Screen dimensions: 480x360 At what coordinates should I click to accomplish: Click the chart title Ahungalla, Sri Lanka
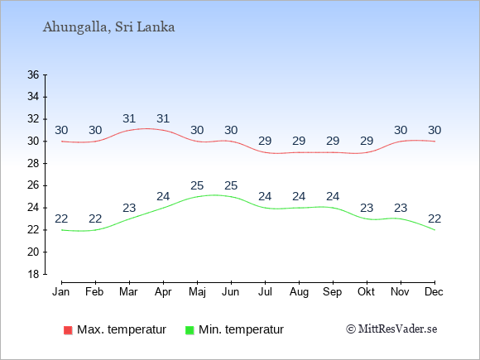tap(108, 27)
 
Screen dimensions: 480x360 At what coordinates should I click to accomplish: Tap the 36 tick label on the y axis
tap(33, 74)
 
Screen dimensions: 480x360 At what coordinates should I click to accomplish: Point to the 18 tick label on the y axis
tap(33, 274)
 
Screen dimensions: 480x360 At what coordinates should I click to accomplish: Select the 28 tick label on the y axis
tap(33, 164)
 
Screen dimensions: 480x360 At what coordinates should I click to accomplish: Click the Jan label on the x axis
tap(61, 292)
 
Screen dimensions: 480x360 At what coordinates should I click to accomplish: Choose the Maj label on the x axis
tap(197, 292)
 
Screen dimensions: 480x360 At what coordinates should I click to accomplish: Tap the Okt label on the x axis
tap(366, 292)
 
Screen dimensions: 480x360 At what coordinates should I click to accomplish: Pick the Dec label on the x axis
tap(434, 292)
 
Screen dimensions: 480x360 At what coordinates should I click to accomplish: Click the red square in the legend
tap(68, 330)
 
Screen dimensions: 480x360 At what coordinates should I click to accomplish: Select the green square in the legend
tap(190, 330)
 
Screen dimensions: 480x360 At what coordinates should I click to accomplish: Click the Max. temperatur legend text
tap(122, 329)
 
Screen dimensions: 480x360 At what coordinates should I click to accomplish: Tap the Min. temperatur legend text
tap(241, 329)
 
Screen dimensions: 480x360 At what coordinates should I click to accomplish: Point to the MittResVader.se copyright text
tap(391, 329)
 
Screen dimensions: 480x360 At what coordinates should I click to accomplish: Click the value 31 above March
tap(129, 118)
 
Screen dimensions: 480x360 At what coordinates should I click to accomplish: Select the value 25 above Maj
tap(197, 186)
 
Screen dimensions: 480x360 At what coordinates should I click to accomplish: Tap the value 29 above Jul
tap(265, 142)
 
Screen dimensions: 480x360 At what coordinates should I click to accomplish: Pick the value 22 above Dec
tap(434, 218)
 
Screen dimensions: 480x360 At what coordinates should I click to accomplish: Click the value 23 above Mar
tap(129, 209)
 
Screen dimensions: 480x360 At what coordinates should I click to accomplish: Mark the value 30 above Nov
tap(401, 131)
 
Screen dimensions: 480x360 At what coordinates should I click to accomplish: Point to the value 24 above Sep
tap(333, 196)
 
